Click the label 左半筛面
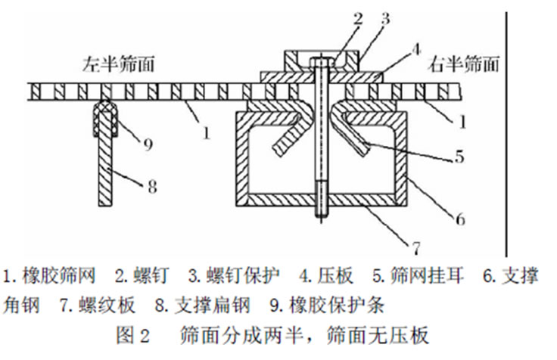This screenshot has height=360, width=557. pos(118,65)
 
